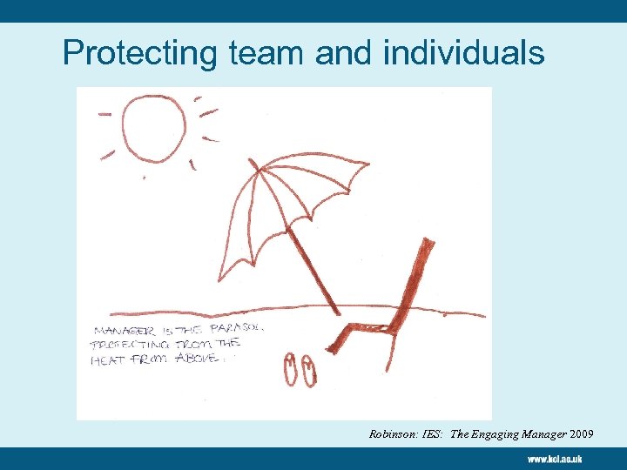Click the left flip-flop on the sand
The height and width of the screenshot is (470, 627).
291,369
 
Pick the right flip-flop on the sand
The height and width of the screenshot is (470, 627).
309,371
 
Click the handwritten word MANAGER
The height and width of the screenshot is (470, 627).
121,332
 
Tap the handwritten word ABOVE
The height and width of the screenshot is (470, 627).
193,356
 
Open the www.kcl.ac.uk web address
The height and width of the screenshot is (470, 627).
554,458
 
